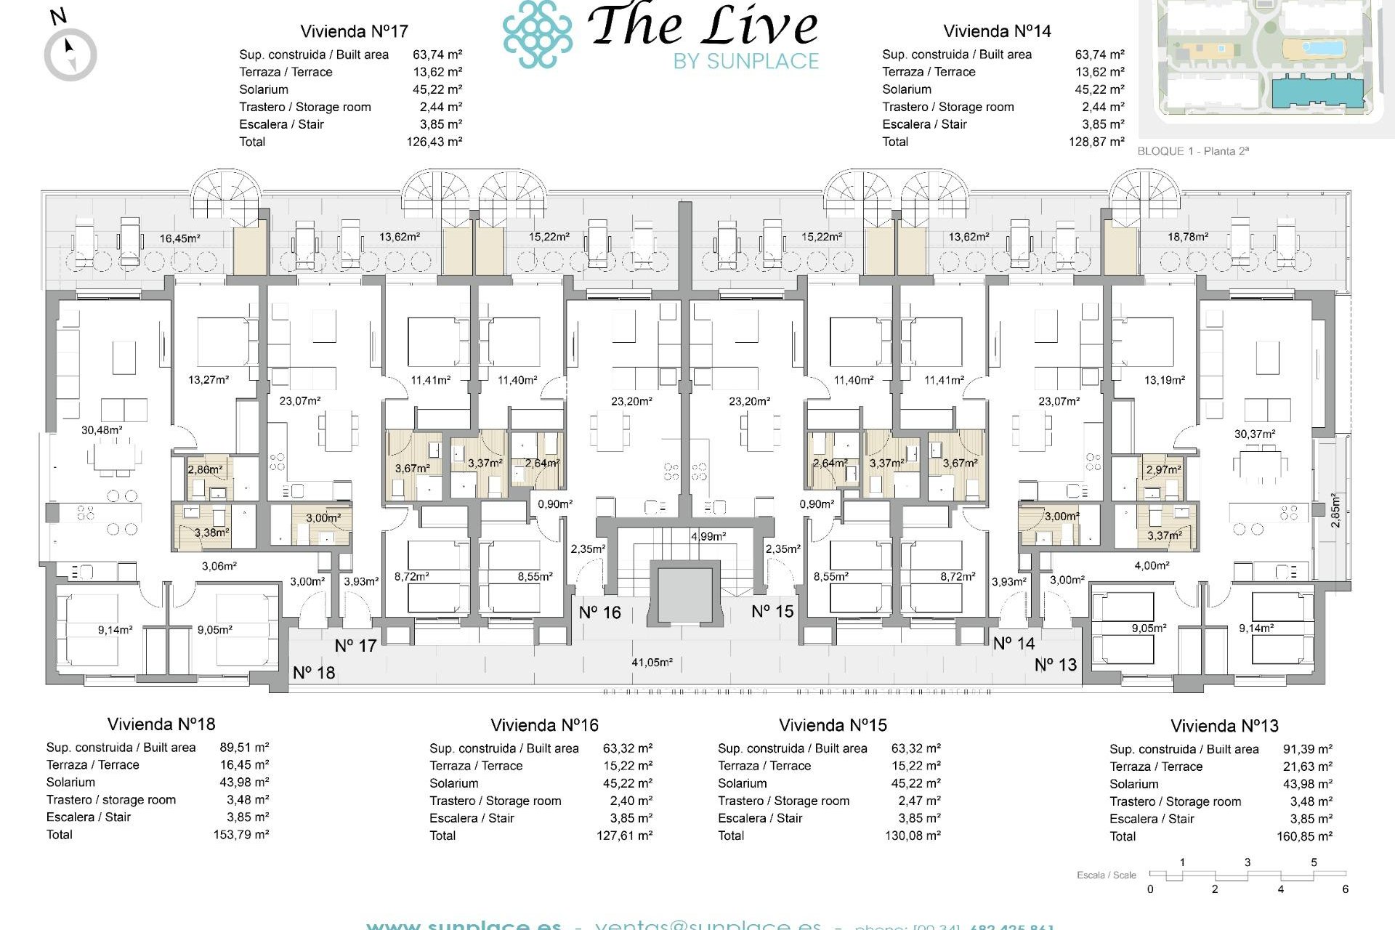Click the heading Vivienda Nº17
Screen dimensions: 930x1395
(x=354, y=31)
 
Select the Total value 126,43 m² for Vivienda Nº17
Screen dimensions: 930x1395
(x=434, y=142)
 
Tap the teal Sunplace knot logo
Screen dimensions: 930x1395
(x=537, y=34)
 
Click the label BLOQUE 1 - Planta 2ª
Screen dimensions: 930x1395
(x=1192, y=151)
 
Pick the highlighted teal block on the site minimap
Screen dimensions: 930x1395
(x=1317, y=92)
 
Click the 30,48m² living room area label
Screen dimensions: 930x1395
(x=102, y=430)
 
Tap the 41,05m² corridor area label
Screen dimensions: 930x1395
(x=652, y=663)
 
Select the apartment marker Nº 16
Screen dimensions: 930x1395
(x=599, y=612)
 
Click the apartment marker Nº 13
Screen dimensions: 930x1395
(x=1055, y=665)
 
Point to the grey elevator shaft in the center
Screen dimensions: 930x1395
(x=685, y=594)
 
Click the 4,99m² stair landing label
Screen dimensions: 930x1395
(x=708, y=536)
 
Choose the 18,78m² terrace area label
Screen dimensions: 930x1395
(x=1188, y=237)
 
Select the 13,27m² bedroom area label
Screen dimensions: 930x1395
(x=209, y=379)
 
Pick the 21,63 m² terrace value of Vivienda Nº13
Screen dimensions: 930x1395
(x=1307, y=767)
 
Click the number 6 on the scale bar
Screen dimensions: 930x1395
(x=1345, y=889)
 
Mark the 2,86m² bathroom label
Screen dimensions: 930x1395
(x=205, y=469)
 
